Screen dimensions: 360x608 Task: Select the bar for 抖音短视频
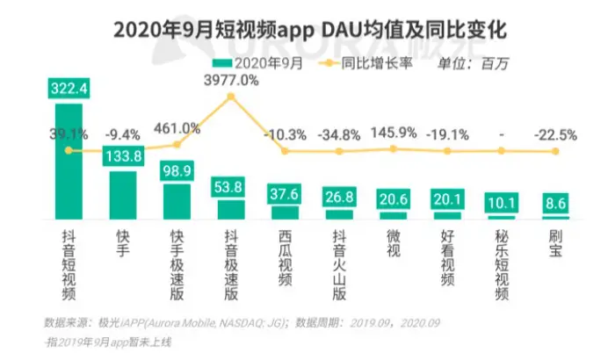[x=69, y=162]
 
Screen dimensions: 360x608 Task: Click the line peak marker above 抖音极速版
[x=231, y=95]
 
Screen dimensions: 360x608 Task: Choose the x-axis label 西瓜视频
[x=285, y=254]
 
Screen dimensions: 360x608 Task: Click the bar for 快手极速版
[x=177, y=201]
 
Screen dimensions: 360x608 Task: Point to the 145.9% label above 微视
[x=393, y=133]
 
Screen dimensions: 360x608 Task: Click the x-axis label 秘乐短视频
[x=502, y=263]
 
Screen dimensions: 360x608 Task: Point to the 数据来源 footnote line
[x=176, y=322]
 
